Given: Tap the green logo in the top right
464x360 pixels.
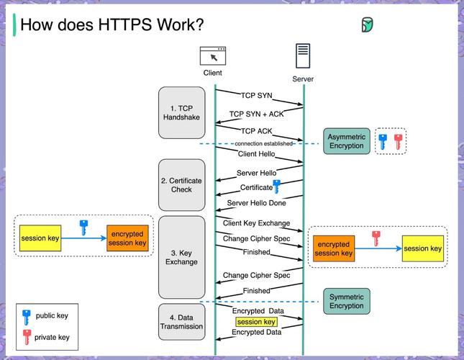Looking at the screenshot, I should point(367,25).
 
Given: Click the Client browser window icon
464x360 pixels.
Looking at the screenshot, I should point(212,56).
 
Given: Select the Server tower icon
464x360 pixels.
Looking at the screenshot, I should point(303,57).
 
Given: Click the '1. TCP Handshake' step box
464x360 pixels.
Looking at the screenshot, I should point(181,112).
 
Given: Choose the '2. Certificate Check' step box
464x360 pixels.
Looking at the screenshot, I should point(181,185).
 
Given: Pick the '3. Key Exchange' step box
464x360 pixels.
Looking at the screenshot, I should point(181,257).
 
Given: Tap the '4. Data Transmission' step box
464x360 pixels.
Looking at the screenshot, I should point(181,322).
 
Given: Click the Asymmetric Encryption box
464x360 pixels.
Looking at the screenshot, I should point(346,141).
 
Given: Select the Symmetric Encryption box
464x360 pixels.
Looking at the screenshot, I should point(346,301).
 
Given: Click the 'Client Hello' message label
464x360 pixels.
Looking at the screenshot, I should point(257,153).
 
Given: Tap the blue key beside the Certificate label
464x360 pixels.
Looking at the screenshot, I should point(276,188).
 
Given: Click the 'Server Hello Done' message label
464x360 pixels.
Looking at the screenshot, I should point(257,203).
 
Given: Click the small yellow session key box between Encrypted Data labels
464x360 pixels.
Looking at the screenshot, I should point(256,322).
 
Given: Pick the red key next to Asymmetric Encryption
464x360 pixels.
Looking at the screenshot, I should point(398,141).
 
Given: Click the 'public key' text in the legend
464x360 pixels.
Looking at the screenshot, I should point(53,315).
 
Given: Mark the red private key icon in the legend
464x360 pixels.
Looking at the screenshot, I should point(27,336).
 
